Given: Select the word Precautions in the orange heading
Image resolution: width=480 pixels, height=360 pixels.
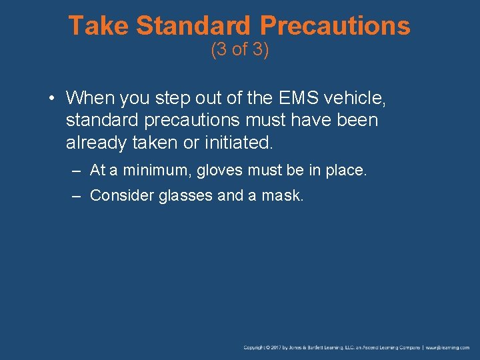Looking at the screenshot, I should pos(335,26).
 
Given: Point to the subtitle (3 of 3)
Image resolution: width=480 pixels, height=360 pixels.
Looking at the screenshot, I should pos(240,50).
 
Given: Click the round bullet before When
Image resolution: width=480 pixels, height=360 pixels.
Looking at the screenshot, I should pos(51,99).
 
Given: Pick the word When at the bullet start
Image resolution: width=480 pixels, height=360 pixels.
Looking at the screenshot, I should pos(91,99).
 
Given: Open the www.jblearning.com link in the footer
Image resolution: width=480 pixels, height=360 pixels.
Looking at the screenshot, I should pos(448,348).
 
